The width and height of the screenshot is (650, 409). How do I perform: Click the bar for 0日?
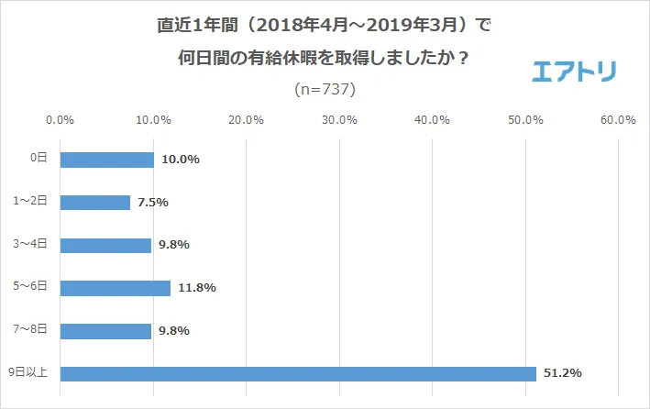(x=106, y=160)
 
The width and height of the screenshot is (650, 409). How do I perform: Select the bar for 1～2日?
(x=95, y=203)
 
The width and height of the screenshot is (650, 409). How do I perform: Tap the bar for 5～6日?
(x=116, y=288)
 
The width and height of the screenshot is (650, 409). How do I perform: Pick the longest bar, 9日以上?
(x=298, y=373)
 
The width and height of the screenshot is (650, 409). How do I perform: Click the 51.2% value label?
(x=563, y=373)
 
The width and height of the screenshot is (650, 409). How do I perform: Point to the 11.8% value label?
(x=196, y=288)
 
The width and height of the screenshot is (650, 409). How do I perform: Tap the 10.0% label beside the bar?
(x=181, y=160)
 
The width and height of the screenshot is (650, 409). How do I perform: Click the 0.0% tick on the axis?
(x=61, y=120)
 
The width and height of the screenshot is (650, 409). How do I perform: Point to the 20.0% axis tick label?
(x=247, y=120)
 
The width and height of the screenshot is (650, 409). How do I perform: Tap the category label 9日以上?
(x=29, y=373)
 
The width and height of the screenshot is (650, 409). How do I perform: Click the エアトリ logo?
(x=575, y=72)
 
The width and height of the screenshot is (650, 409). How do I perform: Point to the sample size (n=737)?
(x=325, y=90)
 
